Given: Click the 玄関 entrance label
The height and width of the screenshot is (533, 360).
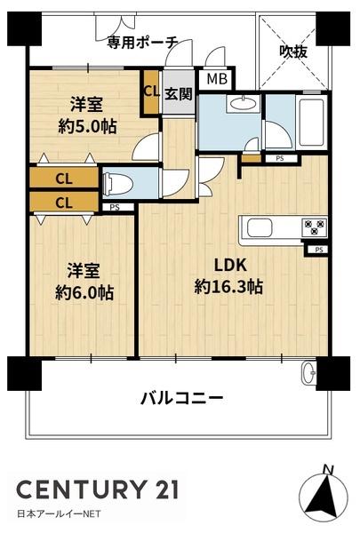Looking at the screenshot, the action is (x=179, y=94).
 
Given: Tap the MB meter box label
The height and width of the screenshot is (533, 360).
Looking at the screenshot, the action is (x=217, y=79).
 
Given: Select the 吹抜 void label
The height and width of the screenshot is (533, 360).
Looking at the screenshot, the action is (x=293, y=52).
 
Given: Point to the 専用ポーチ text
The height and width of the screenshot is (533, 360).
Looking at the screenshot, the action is (x=142, y=43).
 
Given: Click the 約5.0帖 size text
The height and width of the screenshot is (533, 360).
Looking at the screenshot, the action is (x=87, y=126).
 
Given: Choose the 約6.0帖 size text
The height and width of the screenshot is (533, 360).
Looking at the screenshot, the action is (x=84, y=292).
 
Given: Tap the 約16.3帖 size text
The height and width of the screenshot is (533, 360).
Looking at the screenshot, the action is (x=228, y=287).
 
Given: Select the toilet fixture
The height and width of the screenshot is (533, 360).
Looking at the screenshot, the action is (x=117, y=185).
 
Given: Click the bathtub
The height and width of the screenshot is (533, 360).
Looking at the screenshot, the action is (x=310, y=122).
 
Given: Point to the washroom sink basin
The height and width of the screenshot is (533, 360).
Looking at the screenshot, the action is (x=243, y=103).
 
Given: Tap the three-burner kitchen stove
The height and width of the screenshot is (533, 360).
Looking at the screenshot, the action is (x=315, y=227).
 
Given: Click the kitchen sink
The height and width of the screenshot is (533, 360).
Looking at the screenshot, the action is (x=260, y=227).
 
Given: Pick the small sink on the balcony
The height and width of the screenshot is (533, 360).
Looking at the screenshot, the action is (x=309, y=373).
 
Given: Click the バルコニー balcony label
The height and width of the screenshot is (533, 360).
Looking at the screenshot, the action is (x=181, y=397).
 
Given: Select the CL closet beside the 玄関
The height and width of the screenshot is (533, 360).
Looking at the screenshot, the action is (x=151, y=92).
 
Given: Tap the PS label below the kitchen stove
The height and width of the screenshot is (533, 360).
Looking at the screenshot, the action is (x=319, y=250).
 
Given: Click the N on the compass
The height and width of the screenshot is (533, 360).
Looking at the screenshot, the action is (x=328, y=470).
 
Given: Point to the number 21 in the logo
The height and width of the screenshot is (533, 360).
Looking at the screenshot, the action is (x=165, y=489).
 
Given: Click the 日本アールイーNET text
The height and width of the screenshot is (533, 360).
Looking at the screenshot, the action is (x=59, y=513).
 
